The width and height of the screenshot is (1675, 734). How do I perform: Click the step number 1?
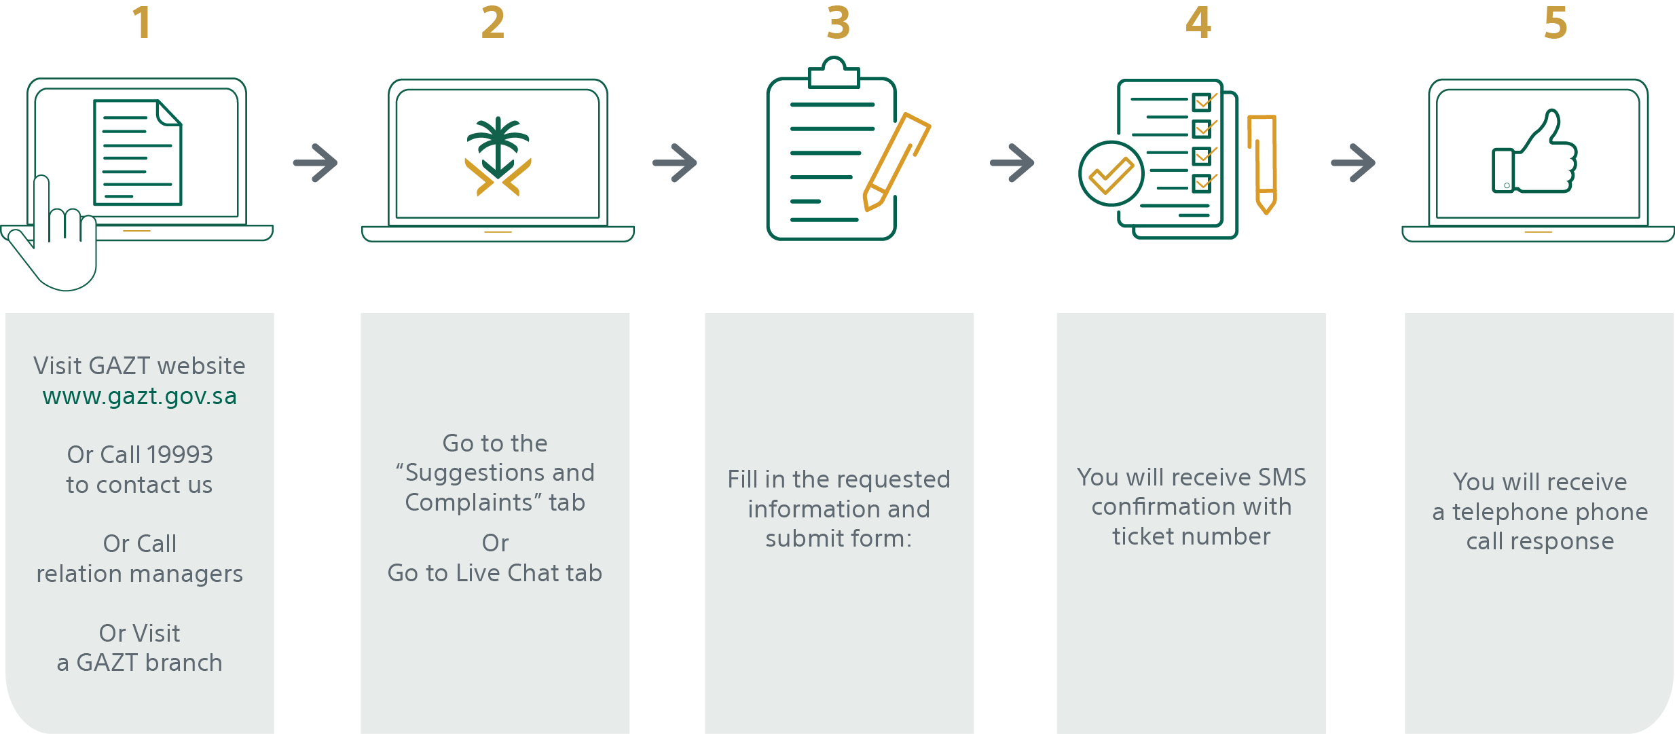tap(142, 22)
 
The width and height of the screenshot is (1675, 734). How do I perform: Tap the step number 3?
tap(839, 22)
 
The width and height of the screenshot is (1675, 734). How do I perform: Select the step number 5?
tap(1556, 22)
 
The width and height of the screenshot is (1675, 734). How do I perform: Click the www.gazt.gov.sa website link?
tap(140, 396)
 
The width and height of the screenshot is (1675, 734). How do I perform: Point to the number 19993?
tap(180, 454)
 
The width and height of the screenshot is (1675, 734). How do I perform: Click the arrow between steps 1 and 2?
tap(316, 163)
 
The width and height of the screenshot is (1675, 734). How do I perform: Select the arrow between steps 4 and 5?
tap(1353, 163)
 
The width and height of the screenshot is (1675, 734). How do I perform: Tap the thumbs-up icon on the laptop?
tap(1534, 152)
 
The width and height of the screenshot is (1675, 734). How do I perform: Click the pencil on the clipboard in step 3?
tap(896, 162)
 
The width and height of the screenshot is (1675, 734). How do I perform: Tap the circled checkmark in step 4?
tap(1111, 174)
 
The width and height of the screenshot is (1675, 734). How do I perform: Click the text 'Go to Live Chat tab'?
tap(495, 573)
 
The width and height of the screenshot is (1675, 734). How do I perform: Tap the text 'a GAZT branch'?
tap(140, 663)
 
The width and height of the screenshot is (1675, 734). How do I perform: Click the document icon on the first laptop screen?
tap(138, 152)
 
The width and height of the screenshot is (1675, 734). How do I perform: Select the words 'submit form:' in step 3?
tap(839, 538)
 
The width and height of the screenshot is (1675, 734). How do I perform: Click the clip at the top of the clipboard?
tap(834, 73)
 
